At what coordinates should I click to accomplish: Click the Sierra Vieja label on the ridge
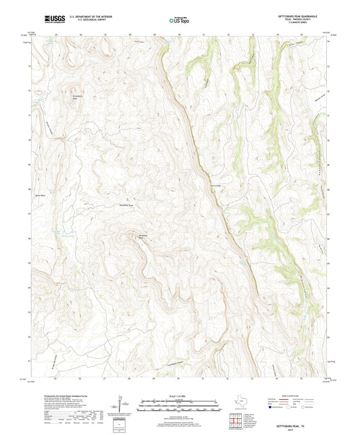(216, 185)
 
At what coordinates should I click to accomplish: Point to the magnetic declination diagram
(122, 408)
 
